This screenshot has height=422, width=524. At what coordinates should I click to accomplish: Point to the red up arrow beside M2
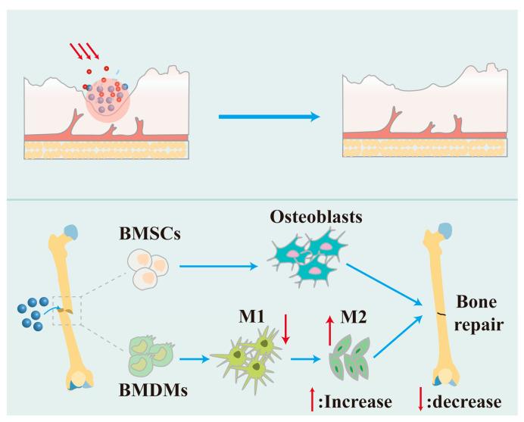329,330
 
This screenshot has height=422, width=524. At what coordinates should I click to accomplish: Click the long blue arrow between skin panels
265,117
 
